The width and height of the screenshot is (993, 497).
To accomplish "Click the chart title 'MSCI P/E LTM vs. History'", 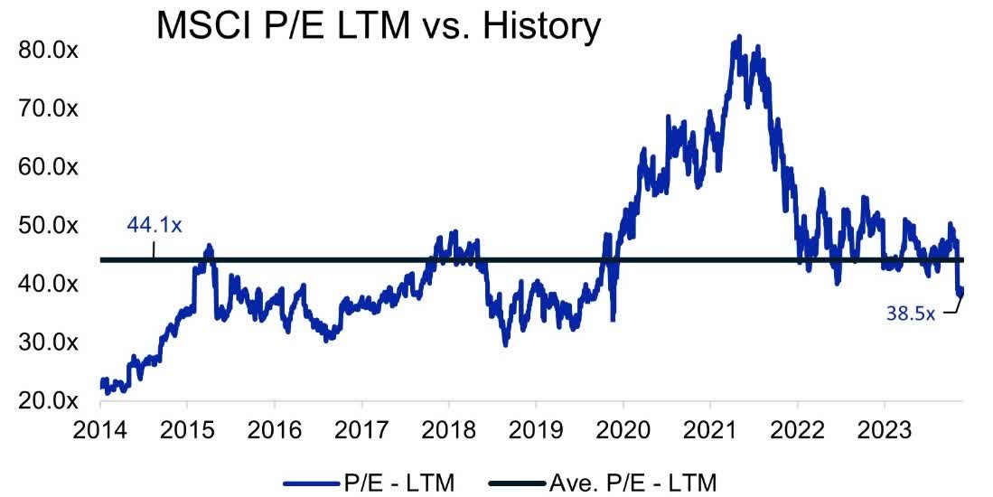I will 379,27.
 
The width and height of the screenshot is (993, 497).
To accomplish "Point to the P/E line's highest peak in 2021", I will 739,38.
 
